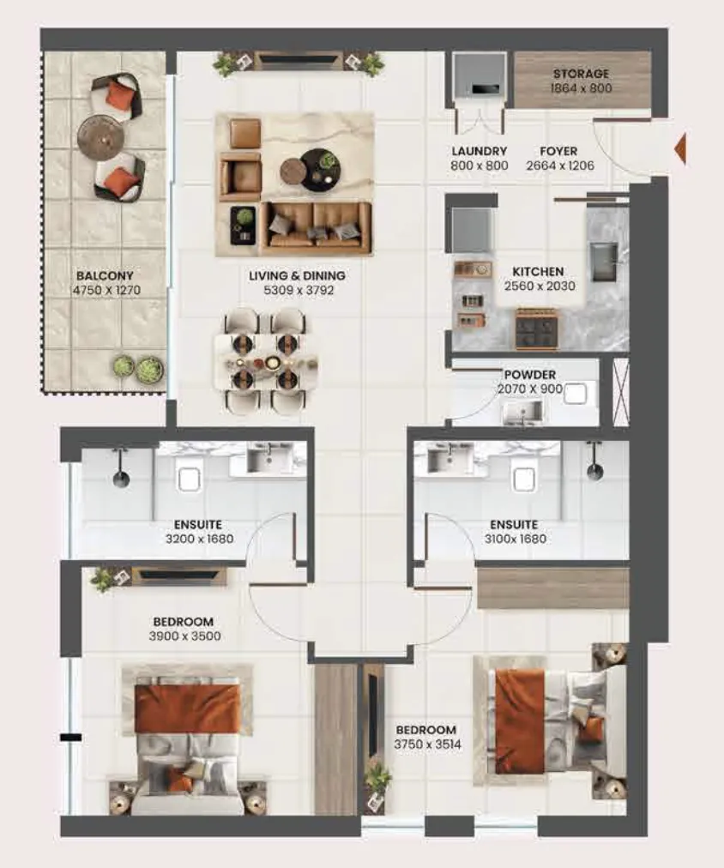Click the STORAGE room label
(x=581, y=73)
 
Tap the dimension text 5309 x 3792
(x=299, y=290)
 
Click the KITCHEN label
(x=538, y=271)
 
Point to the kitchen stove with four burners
(x=536, y=329)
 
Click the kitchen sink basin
(x=603, y=262)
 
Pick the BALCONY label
(x=106, y=275)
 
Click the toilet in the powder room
(x=575, y=393)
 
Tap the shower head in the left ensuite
(x=121, y=478)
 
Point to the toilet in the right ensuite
(x=523, y=479)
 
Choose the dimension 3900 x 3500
(x=185, y=636)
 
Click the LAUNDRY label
(x=479, y=151)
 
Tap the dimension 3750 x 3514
(x=427, y=744)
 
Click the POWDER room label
(x=530, y=375)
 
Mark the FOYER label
(x=558, y=151)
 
